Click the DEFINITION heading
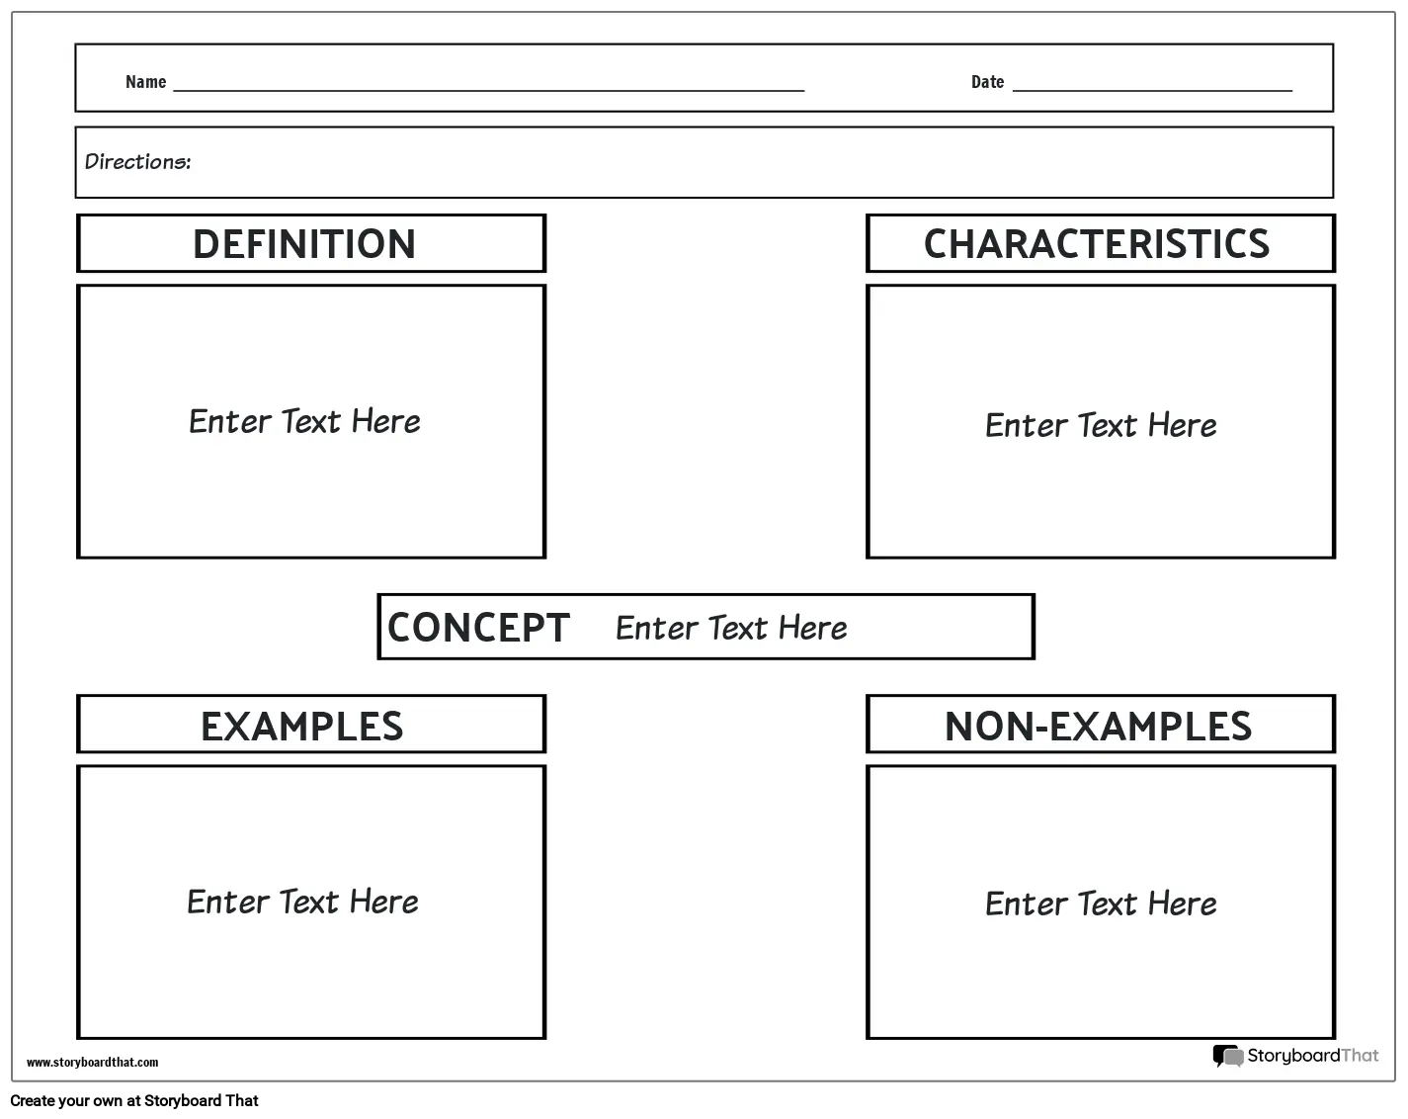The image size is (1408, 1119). (304, 243)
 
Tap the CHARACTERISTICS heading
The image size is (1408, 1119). (1097, 243)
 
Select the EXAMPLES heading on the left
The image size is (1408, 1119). (302, 727)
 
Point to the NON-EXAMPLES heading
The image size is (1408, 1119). (1098, 727)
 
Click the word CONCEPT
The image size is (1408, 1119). (478, 628)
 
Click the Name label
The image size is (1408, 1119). (146, 82)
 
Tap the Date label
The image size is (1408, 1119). (987, 82)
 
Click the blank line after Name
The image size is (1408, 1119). (489, 90)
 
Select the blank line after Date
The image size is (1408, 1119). (1152, 90)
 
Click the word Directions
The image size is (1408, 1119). (138, 161)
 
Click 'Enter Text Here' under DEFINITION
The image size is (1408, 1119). (304, 421)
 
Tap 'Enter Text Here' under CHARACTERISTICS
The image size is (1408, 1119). (1101, 425)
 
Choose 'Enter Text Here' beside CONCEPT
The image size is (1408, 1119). (731, 628)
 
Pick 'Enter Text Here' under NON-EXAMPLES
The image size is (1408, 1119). (1101, 904)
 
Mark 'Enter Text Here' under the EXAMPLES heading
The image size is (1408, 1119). (302, 902)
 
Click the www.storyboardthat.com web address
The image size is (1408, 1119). (92, 1062)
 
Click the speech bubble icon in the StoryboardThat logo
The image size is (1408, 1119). (1228, 1056)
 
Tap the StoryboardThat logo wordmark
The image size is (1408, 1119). (1312, 1056)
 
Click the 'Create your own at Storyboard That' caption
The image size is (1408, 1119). (134, 1100)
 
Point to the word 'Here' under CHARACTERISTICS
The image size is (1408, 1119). (1183, 425)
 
